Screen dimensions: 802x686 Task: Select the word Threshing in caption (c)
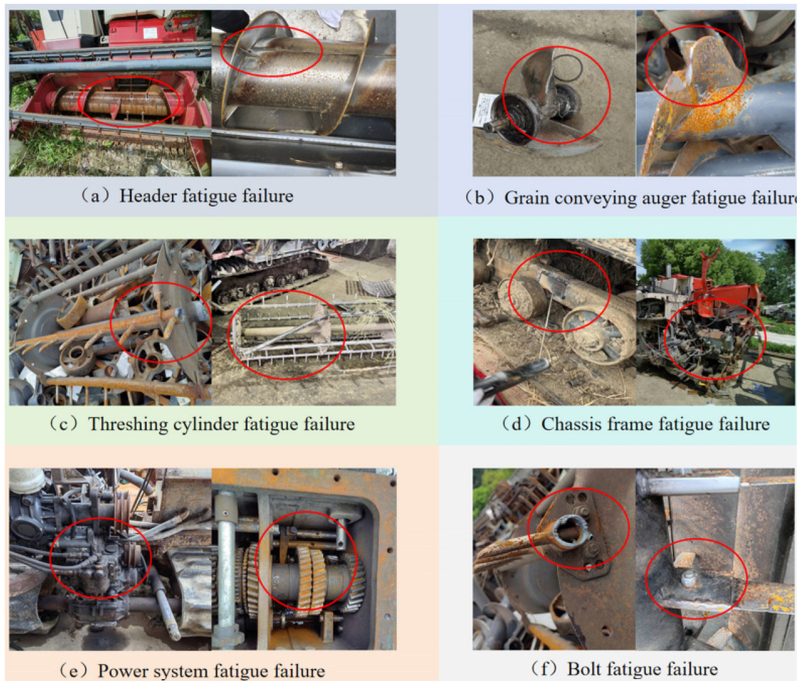[128, 425]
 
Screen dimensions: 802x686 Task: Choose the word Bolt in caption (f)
[584, 669]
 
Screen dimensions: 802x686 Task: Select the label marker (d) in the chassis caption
[517, 424]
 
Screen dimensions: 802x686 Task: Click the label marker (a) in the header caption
[95, 195]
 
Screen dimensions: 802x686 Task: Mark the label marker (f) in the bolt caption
[544, 669]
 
